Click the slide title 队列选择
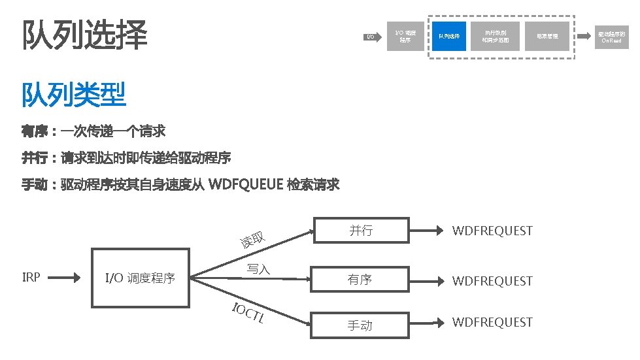(85, 35)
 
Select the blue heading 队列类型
(74, 95)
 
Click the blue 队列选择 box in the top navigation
(448, 36)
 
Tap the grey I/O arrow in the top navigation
(371, 37)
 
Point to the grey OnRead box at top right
(611, 37)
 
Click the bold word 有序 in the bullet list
(35, 132)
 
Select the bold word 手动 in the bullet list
(35, 185)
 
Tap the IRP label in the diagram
(31, 277)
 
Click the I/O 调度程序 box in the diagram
(140, 278)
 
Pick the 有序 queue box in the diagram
(360, 280)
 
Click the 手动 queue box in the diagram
(360, 325)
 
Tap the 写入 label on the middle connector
(258, 269)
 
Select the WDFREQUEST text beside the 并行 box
(492, 231)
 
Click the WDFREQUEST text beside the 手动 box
(492, 322)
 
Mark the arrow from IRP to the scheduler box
(65, 278)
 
